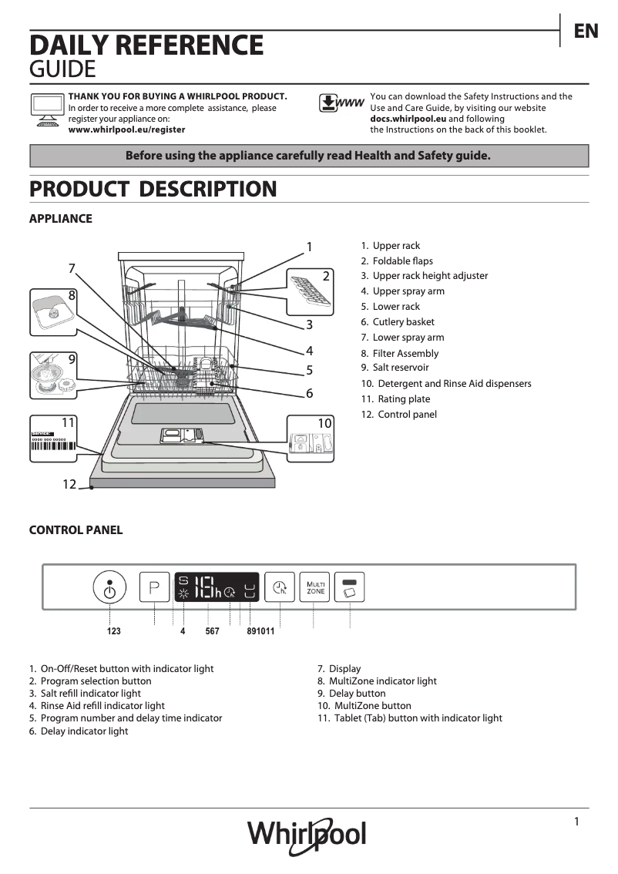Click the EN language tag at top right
(x=586, y=31)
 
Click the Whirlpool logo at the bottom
(x=307, y=835)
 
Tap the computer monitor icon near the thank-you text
(x=47, y=108)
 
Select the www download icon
(x=341, y=104)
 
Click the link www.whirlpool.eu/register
(x=126, y=130)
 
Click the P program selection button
(x=154, y=589)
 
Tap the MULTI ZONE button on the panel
(x=314, y=587)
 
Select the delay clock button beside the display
(x=280, y=588)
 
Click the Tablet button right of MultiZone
(x=350, y=587)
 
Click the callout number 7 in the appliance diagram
(x=72, y=268)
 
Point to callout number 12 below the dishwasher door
(x=69, y=484)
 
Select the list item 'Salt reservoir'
(x=400, y=368)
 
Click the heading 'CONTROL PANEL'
(x=76, y=530)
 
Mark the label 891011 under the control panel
(x=260, y=631)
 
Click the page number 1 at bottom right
(x=576, y=822)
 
